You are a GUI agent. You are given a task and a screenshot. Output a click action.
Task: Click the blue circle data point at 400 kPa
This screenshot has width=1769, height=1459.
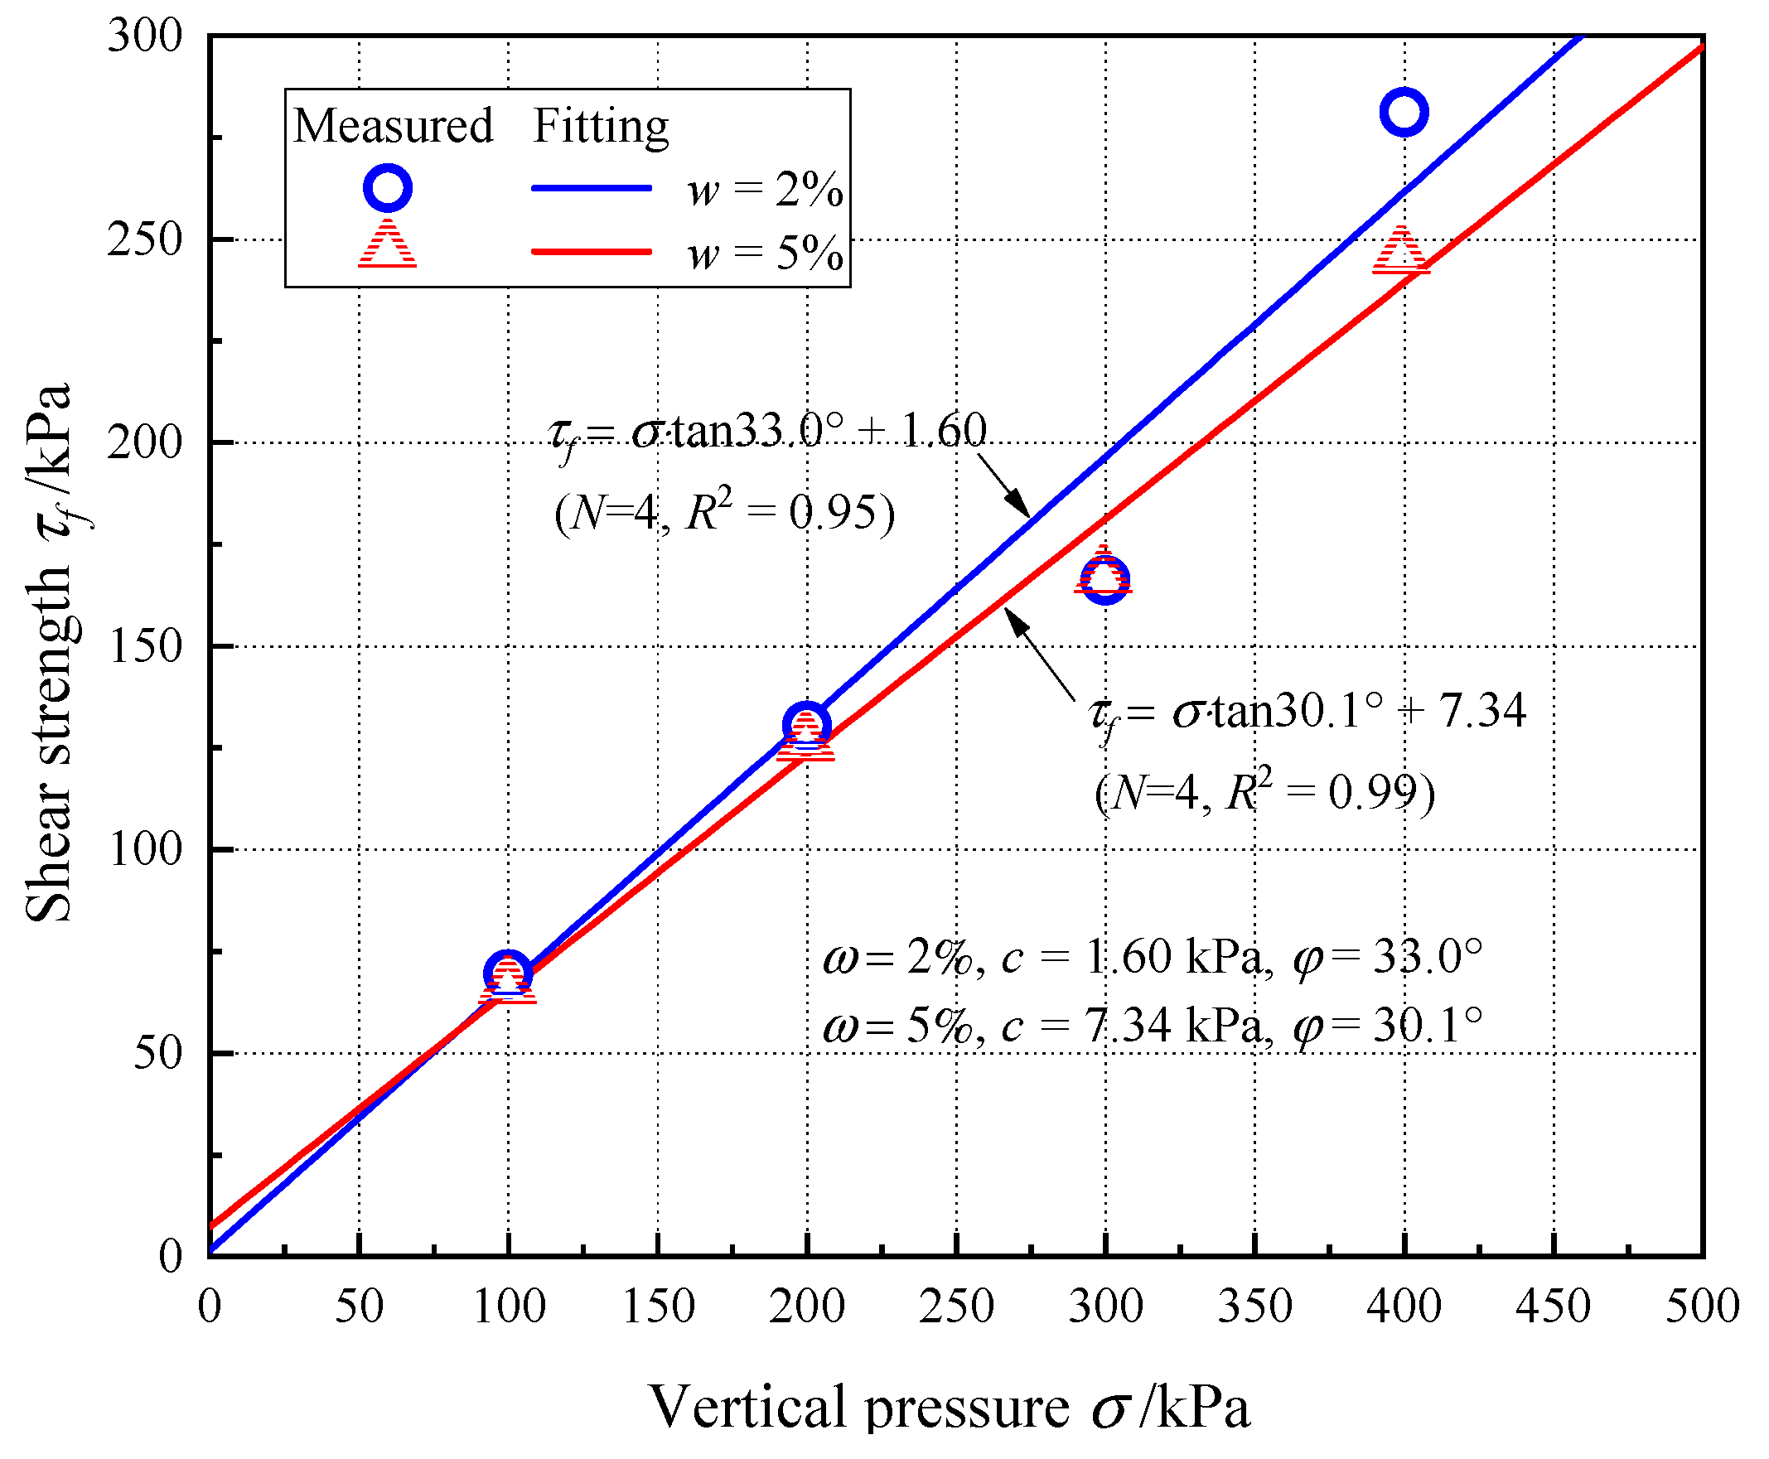[x=1404, y=111]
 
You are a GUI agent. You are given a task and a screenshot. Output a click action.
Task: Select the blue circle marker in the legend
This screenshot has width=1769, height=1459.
[x=387, y=187]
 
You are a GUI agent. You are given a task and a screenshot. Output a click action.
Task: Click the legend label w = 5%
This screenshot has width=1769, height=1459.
[x=764, y=252]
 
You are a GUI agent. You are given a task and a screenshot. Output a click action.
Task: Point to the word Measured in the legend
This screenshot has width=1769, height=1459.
[x=393, y=126]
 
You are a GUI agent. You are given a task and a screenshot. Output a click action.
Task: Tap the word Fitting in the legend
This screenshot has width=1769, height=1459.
[x=600, y=126]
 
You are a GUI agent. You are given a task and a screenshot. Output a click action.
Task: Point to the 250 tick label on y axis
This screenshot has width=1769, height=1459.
[x=144, y=240]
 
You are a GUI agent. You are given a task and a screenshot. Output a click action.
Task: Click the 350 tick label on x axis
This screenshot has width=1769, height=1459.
[x=1254, y=1307]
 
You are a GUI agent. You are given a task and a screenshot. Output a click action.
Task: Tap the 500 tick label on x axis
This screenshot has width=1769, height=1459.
[x=1702, y=1307]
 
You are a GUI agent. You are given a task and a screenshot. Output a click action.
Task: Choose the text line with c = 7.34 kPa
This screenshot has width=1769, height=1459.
[x=1152, y=1026]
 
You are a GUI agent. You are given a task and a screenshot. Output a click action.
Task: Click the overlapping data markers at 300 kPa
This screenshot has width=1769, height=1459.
[x=1104, y=579]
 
